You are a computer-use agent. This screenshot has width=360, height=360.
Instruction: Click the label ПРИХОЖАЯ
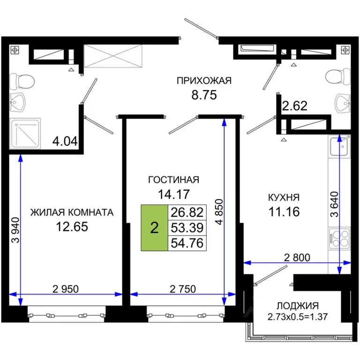(204, 81)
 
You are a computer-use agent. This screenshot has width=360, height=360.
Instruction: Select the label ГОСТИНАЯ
(173, 180)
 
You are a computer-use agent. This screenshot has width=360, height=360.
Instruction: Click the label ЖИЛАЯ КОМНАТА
(72, 212)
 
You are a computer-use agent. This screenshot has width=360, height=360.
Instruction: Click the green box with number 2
(154, 228)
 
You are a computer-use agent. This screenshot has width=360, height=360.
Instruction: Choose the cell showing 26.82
(187, 213)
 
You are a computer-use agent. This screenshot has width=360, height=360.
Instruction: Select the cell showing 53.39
(187, 228)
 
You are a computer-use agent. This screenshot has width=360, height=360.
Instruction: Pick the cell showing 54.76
(187, 243)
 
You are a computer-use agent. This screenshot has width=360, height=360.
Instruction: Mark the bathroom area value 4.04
(66, 141)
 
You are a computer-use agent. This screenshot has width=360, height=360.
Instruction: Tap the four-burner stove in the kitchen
(339, 237)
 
